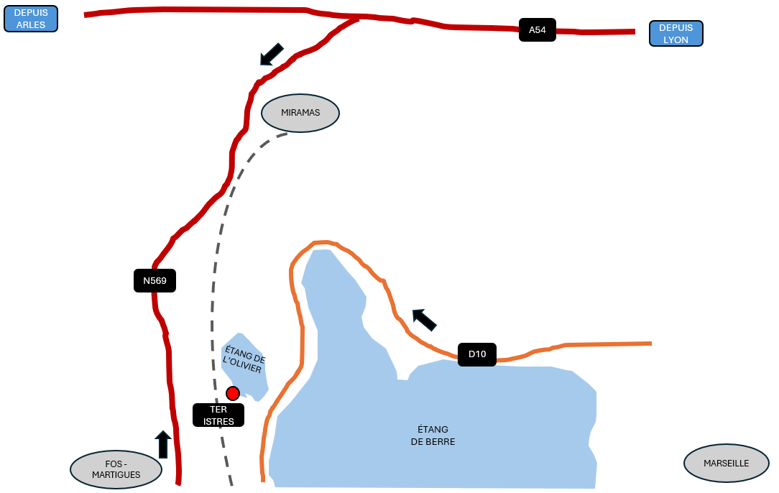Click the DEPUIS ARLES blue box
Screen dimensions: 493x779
point(30,19)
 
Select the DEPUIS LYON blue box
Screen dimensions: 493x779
point(676,34)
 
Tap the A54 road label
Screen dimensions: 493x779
point(537,30)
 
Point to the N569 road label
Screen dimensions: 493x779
point(155,280)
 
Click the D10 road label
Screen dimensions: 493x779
point(477,354)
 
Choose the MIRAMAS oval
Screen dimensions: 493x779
point(300,113)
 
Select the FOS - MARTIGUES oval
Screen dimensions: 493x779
point(116,469)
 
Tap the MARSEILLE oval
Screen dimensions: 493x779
point(726,464)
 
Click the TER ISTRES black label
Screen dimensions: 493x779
point(218,415)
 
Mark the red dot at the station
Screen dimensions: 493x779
point(233,393)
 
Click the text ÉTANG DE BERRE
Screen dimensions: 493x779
point(433,436)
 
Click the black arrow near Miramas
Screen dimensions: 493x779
point(271,54)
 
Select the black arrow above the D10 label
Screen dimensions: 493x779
point(424,319)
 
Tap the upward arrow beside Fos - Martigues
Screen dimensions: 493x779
point(163,444)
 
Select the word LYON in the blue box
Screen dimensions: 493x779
point(676,40)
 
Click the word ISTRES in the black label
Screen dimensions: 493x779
point(218,422)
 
